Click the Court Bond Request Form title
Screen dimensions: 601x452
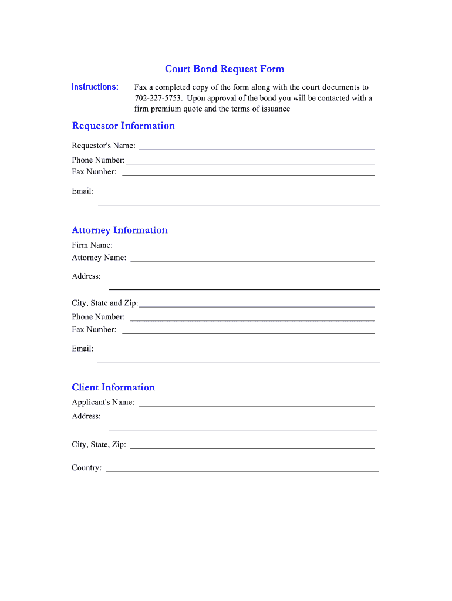pyautogui.click(x=224, y=69)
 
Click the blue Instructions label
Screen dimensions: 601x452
pyautogui.click(x=95, y=87)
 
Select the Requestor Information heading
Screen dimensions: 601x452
pyautogui.click(x=123, y=126)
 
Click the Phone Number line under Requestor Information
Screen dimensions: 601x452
pyautogui.click(x=251, y=163)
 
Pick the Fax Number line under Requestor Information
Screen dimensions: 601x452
pyautogui.click(x=248, y=174)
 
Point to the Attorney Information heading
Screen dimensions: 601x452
pyautogui.click(x=120, y=230)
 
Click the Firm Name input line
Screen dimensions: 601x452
pyautogui.click(x=244, y=248)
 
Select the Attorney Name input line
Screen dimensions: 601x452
pyautogui.click(x=252, y=260)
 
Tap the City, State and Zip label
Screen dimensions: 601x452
pyautogui.click(x=105, y=303)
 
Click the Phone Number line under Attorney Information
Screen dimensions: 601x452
pyautogui.click(x=252, y=319)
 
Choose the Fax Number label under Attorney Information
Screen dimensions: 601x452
pyautogui.click(x=94, y=329)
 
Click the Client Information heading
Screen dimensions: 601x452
pyautogui.click(x=113, y=387)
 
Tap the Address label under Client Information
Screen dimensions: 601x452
pyautogui.click(x=86, y=416)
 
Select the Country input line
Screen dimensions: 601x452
pyautogui.click(x=242, y=470)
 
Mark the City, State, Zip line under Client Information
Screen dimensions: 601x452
pyautogui.click(x=252, y=447)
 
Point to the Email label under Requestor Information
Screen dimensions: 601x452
pyautogui.click(x=83, y=191)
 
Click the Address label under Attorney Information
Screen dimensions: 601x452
pyautogui.click(x=86, y=276)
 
